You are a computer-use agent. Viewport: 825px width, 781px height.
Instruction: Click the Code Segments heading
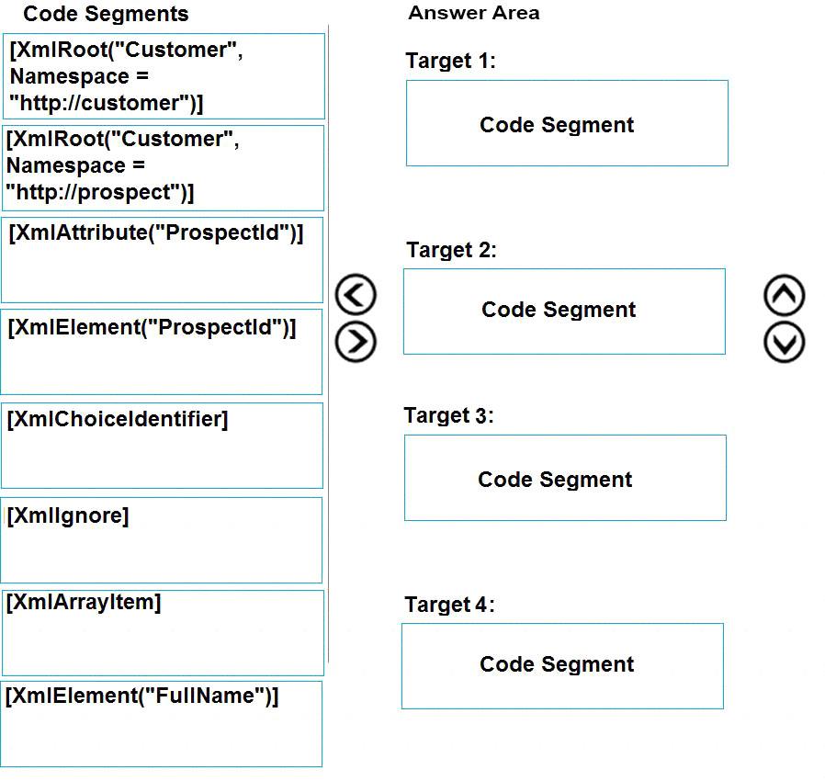106,14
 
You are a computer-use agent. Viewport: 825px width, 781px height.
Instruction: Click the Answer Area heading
474,13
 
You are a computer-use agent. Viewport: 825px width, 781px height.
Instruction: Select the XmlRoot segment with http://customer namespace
164,76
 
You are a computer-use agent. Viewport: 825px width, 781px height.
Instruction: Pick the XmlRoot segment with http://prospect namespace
164,168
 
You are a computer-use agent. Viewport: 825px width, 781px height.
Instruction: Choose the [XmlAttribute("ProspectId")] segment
162,260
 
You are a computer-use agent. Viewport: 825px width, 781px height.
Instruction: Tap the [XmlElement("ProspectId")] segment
162,352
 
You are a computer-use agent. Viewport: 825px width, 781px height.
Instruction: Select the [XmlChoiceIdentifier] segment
162,446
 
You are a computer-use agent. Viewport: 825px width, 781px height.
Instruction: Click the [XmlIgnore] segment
162,540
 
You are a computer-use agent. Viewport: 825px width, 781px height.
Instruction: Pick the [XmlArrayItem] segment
164,632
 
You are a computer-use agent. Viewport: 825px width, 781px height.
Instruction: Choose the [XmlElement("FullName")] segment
162,724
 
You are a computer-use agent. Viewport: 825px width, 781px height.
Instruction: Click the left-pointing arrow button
356,294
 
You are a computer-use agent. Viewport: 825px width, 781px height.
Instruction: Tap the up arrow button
784,295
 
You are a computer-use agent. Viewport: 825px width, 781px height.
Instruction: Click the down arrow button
784,343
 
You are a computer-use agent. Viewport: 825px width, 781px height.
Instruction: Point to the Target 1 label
450,61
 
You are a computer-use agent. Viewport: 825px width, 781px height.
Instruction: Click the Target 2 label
451,250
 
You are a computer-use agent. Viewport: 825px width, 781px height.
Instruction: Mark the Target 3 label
449,415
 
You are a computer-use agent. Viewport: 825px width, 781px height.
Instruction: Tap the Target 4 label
450,605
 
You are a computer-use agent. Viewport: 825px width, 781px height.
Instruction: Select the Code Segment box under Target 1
567,123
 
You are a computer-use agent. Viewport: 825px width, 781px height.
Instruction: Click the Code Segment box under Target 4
562,666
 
